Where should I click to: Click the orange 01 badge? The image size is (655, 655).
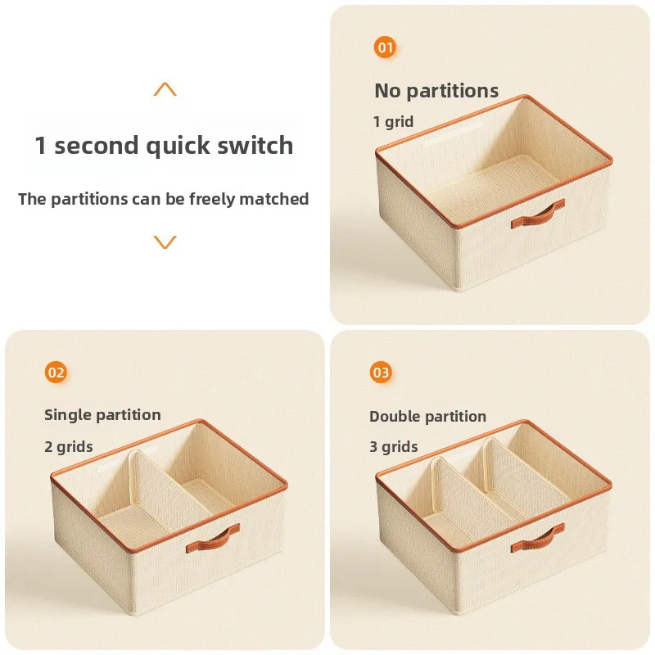385,47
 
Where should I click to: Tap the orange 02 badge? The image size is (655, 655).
56,373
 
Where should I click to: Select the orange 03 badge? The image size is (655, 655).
381,373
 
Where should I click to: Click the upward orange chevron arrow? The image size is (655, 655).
165,89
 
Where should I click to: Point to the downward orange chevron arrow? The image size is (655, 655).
165,242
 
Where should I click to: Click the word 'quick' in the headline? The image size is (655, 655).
178,147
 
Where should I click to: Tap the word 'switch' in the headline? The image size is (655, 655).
255,145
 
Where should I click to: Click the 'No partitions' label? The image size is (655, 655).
436,91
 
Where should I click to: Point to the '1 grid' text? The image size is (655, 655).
393,121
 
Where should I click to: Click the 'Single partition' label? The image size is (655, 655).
103,415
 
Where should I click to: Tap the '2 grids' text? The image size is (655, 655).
69,446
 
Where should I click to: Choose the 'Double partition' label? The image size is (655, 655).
427,416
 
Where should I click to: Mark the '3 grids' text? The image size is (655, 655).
394,446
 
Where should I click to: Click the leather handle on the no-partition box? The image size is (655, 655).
538,215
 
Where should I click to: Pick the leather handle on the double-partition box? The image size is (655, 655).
538,538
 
